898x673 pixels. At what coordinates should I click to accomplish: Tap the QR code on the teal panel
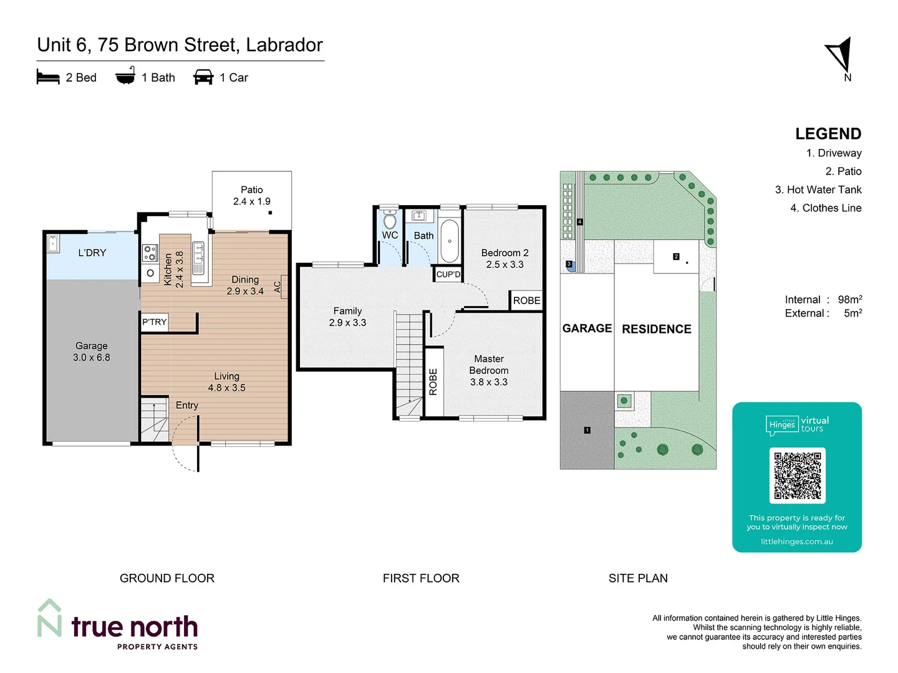coord(797,475)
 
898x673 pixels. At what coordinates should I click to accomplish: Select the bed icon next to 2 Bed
coord(48,77)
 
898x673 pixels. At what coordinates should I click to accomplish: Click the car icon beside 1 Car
coord(203,77)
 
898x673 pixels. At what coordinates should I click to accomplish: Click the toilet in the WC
coord(390,221)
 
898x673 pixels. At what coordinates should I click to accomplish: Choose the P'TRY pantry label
coord(154,322)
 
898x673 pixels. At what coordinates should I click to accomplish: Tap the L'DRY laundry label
coord(92,253)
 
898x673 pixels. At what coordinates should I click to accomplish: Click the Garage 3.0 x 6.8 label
coord(92,351)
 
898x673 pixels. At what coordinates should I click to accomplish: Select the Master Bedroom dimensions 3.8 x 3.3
coord(488,382)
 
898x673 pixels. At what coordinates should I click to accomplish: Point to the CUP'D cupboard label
coord(448,274)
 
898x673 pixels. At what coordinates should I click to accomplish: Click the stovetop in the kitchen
coord(150,252)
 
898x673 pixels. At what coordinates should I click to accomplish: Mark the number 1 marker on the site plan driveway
coord(587,430)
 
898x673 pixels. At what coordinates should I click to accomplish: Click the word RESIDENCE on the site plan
coord(656,329)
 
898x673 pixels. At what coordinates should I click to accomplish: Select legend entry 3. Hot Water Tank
coord(818,189)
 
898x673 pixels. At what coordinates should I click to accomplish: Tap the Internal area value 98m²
coord(849,300)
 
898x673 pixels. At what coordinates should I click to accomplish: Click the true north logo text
coord(134,627)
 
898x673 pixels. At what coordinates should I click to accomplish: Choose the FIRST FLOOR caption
coord(421,578)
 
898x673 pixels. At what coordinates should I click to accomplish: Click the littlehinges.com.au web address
coord(796,542)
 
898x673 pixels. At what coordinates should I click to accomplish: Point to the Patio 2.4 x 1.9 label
coord(251,196)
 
